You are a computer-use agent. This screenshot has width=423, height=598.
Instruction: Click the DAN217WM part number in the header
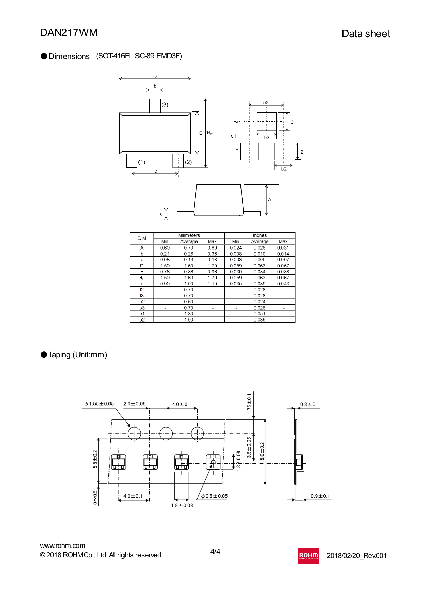click(69, 33)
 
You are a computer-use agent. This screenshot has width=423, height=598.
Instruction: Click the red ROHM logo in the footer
click(308, 556)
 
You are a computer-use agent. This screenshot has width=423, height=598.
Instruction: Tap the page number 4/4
click(215, 551)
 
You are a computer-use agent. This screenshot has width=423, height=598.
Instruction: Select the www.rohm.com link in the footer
click(62, 545)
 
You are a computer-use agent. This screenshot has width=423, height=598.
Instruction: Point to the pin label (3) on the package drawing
click(165, 105)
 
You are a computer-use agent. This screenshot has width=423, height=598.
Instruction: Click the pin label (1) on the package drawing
click(142, 162)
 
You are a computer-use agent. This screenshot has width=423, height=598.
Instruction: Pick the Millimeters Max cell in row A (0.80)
click(212, 248)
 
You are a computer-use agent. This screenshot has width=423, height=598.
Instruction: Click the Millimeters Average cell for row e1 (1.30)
click(189, 314)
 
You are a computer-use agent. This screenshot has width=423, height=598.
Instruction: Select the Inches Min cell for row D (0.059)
click(236, 266)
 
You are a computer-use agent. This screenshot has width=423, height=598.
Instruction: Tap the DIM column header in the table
click(142, 238)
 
